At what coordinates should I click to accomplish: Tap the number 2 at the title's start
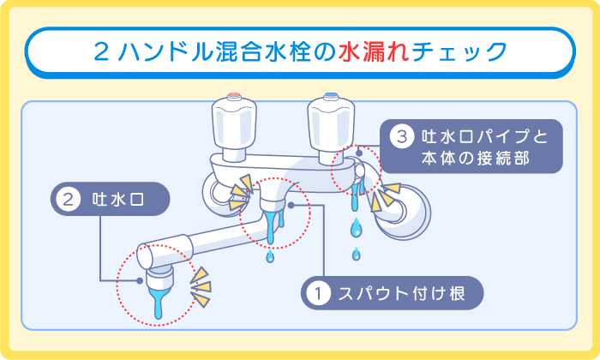click(100, 52)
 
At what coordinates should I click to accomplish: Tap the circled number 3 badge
click(400, 136)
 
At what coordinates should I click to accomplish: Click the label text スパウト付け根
click(399, 294)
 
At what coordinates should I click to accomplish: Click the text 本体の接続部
click(476, 159)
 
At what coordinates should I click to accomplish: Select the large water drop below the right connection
click(356, 227)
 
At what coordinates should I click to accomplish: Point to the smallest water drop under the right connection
click(356, 253)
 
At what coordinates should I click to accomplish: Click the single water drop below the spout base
click(271, 256)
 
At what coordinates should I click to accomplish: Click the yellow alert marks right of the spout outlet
click(201, 287)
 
